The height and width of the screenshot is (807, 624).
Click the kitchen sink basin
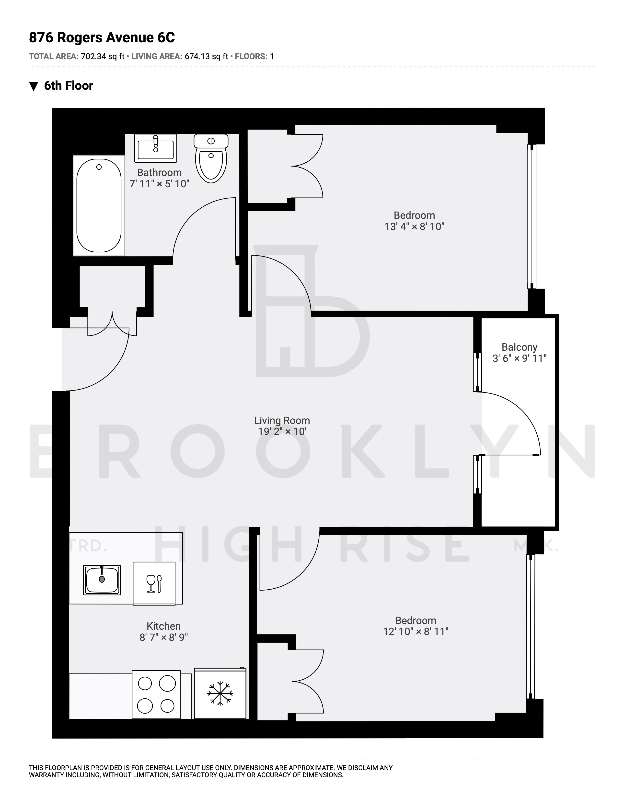(x=102, y=580)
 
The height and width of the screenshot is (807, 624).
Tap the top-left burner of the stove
(x=145, y=683)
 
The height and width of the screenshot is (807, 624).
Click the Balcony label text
(x=519, y=347)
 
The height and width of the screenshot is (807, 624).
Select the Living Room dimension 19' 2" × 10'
(x=282, y=432)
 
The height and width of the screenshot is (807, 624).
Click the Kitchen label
(x=163, y=626)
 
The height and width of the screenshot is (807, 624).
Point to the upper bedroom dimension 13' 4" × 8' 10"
(x=414, y=226)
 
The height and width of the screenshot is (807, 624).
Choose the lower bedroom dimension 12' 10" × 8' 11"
(x=416, y=631)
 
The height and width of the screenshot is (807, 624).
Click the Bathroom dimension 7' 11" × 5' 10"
(x=159, y=184)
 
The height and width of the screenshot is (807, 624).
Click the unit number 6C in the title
(x=166, y=38)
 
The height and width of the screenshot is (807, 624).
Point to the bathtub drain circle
(x=99, y=167)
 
